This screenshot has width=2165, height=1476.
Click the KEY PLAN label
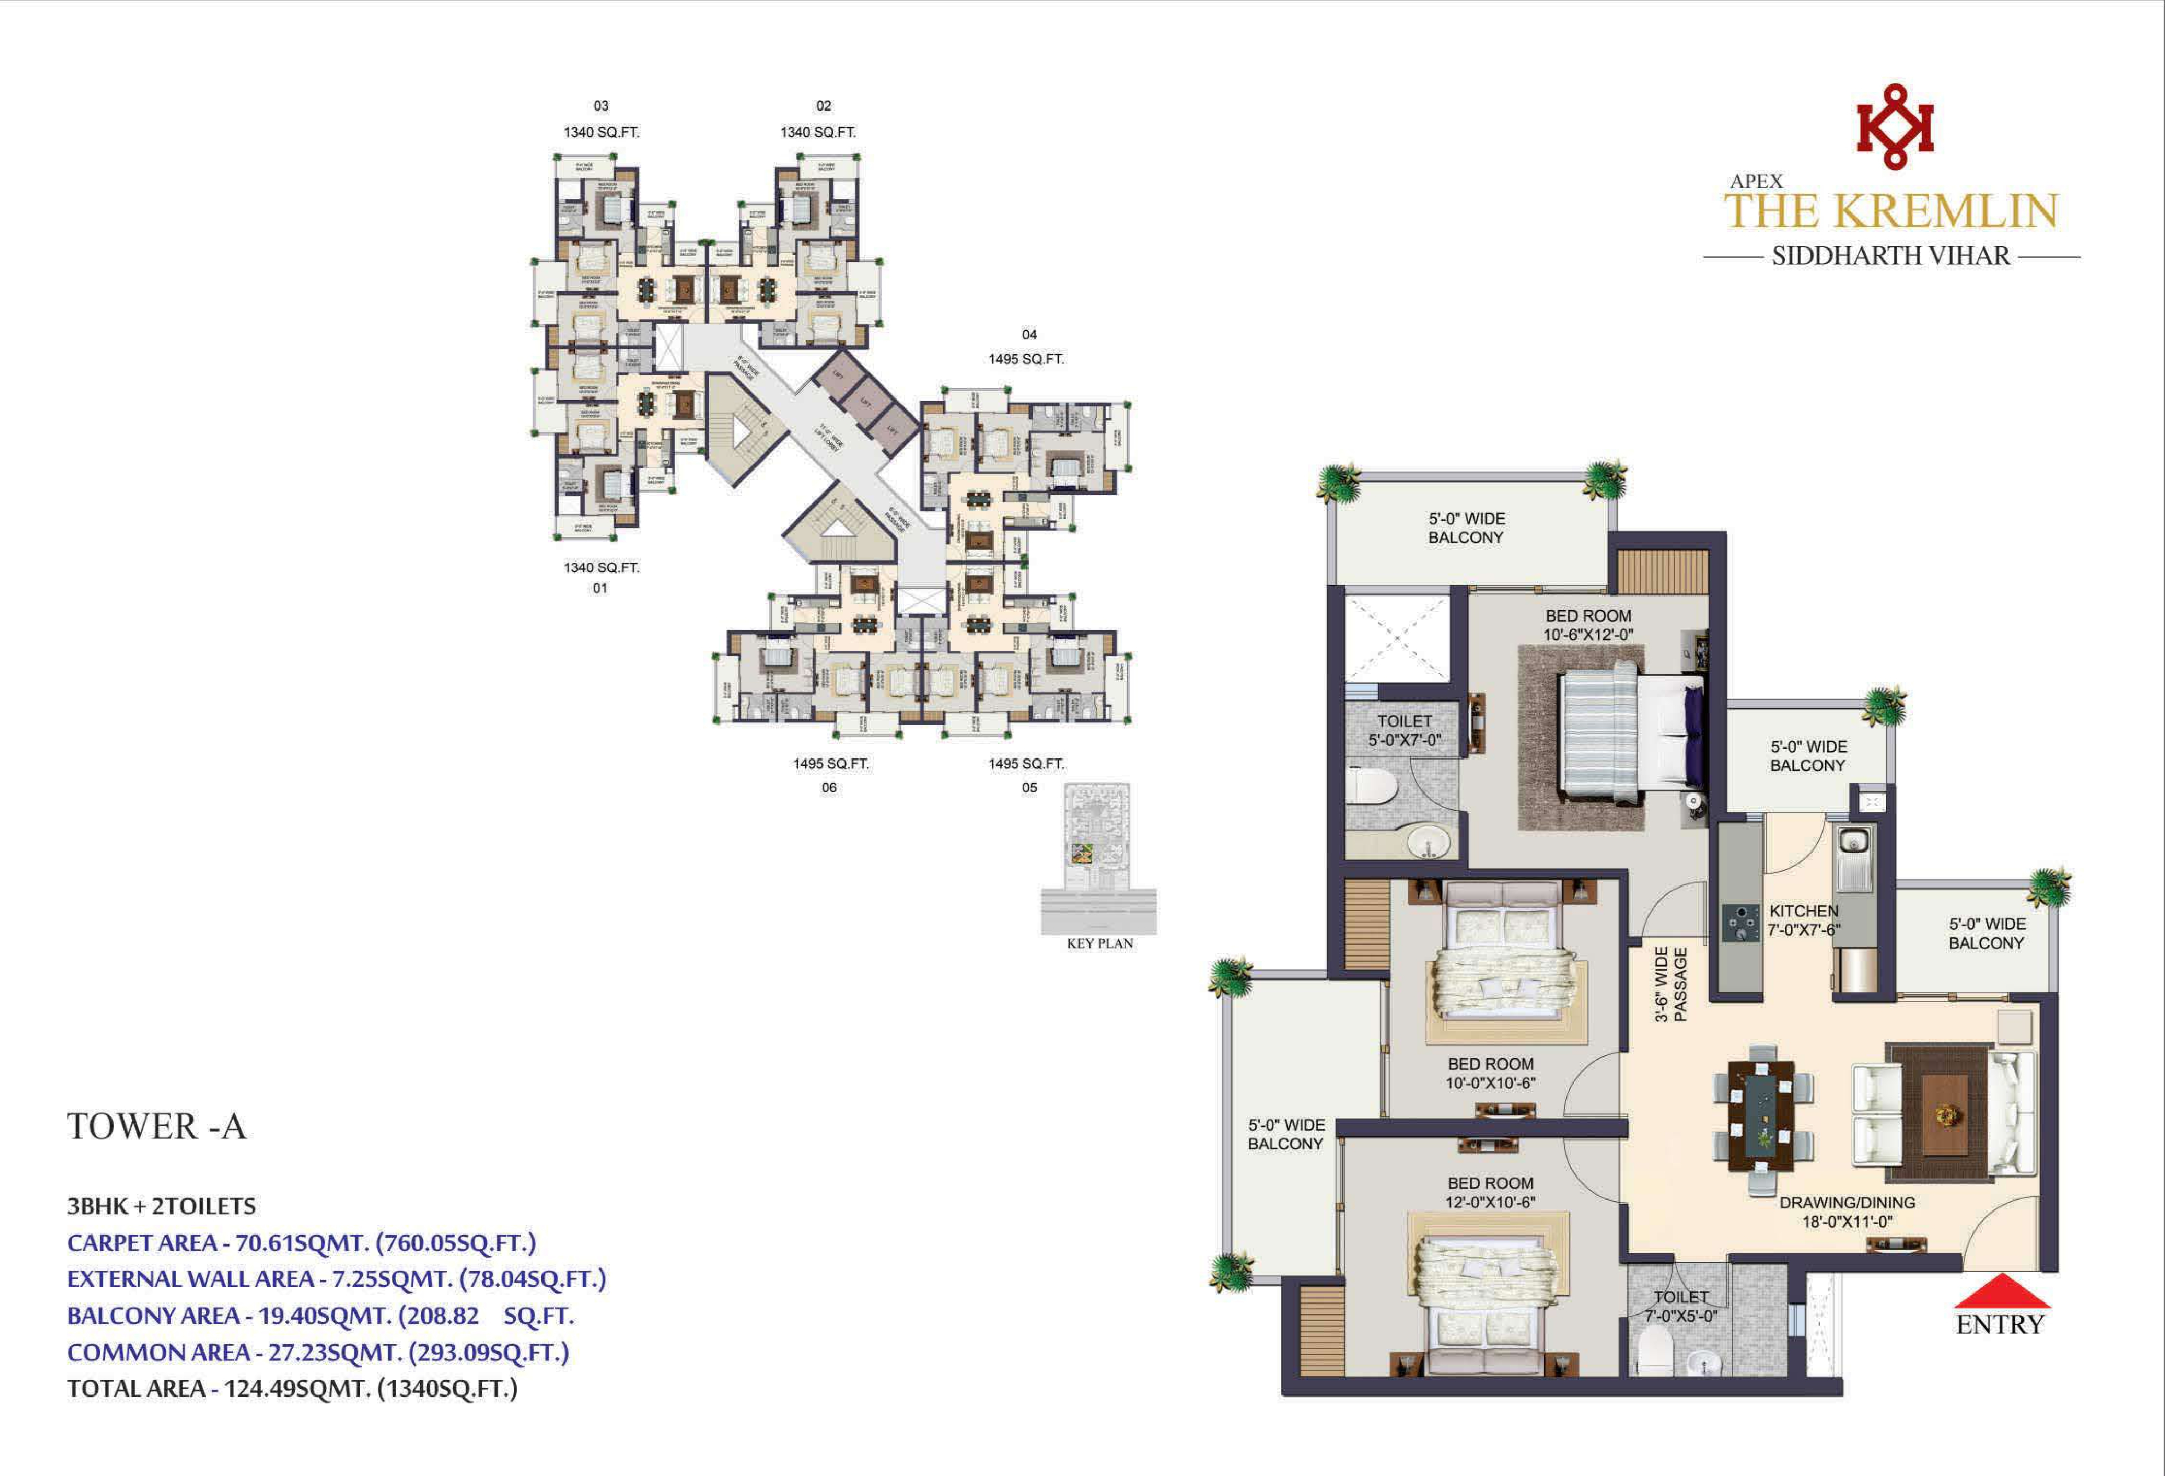click(x=1099, y=943)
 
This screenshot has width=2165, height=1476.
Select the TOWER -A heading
click(x=156, y=1126)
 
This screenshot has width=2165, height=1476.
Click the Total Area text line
click(x=292, y=1388)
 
